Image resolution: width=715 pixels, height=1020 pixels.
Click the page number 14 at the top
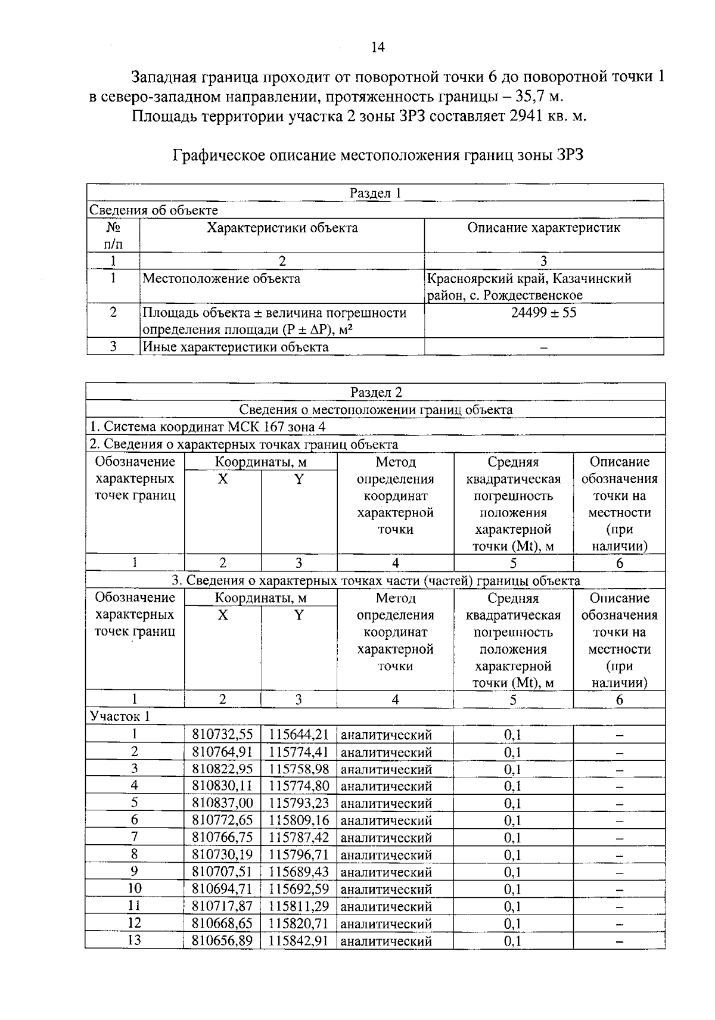[378, 48]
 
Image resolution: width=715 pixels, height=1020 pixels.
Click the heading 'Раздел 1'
[375, 193]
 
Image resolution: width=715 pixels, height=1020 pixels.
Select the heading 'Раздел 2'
[376, 392]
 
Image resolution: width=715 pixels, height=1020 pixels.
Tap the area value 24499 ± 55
[543, 313]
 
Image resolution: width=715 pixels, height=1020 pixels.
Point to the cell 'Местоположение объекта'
[221, 279]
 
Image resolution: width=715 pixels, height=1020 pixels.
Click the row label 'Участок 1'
[120, 717]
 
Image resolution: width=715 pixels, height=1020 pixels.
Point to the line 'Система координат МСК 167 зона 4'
[208, 427]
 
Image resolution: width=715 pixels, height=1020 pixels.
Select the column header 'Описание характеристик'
[543, 228]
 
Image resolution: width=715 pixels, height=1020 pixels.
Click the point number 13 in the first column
[135, 940]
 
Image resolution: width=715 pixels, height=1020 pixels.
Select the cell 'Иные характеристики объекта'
[235, 347]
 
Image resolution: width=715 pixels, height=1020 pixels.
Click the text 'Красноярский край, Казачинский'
[529, 279]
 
